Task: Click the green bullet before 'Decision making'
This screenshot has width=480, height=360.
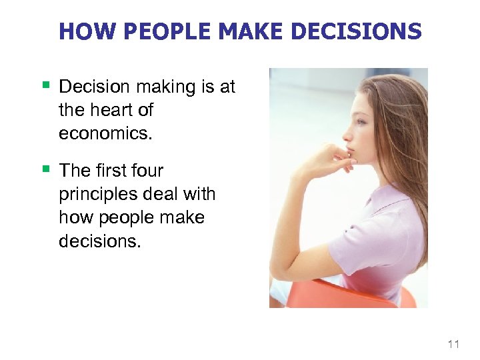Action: pos(46,85)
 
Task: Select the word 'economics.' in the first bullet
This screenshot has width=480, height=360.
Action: pos(105,133)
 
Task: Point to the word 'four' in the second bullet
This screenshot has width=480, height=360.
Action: pos(147,171)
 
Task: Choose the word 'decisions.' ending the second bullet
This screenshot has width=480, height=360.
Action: pos(100,241)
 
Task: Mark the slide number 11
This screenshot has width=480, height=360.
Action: pos(454,344)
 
